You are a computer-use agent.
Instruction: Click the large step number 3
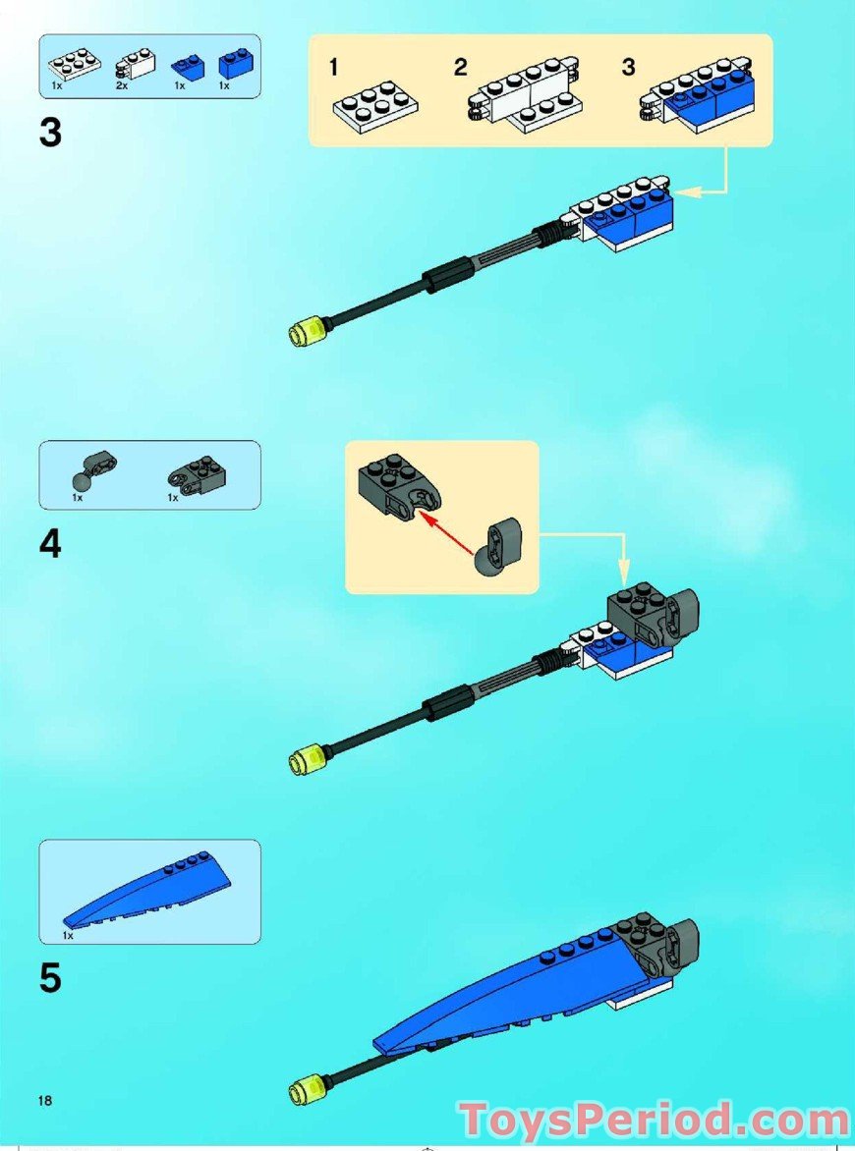pyautogui.click(x=50, y=133)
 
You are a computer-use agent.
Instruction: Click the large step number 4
pyautogui.click(x=50, y=543)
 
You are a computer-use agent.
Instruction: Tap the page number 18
pyautogui.click(x=45, y=1100)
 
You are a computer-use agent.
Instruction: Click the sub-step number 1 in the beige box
pyautogui.click(x=334, y=68)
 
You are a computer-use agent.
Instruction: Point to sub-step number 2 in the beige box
pyautogui.click(x=460, y=68)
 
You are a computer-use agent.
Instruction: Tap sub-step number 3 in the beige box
pyautogui.click(x=629, y=68)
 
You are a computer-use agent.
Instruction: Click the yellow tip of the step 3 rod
pyautogui.click(x=305, y=332)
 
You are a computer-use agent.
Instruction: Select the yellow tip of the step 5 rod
pyautogui.click(x=305, y=1088)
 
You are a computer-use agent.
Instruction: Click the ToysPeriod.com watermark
pyautogui.click(x=655, y=1120)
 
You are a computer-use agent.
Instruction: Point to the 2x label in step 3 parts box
pyautogui.click(x=121, y=86)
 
